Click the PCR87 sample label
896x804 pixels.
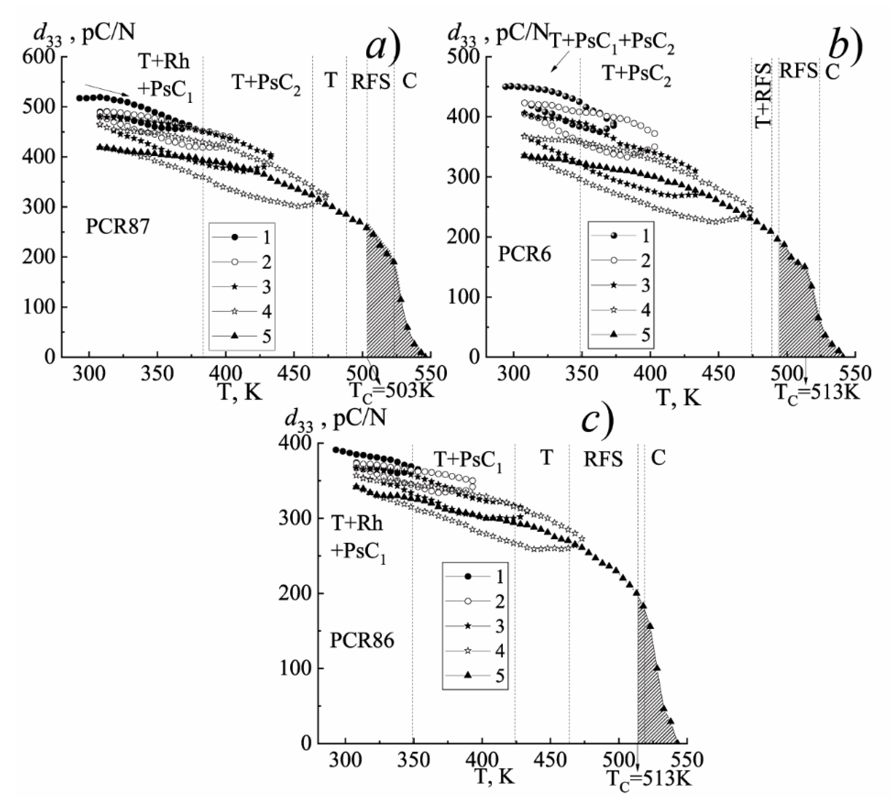pos(118,227)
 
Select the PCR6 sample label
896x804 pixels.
pos(525,255)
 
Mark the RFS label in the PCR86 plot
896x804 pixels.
pos(603,459)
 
